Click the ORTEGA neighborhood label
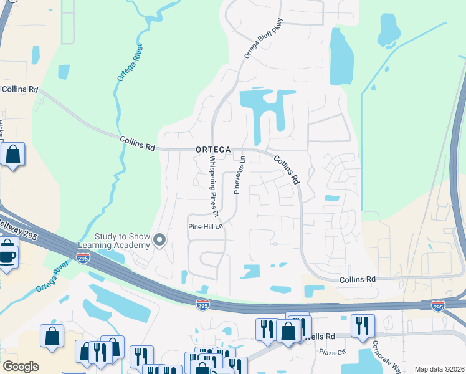pos(213,150)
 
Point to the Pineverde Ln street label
pos(239,176)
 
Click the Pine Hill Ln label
pos(206,227)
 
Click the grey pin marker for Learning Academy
pos(159,240)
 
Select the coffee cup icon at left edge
pos(7,256)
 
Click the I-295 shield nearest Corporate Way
pos(438,305)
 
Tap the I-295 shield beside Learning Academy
pos(83,257)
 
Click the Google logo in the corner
pos(21,367)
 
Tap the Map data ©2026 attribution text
pos(439,369)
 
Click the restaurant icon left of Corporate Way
pos(361,325)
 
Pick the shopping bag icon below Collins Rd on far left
pos(12,154)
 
